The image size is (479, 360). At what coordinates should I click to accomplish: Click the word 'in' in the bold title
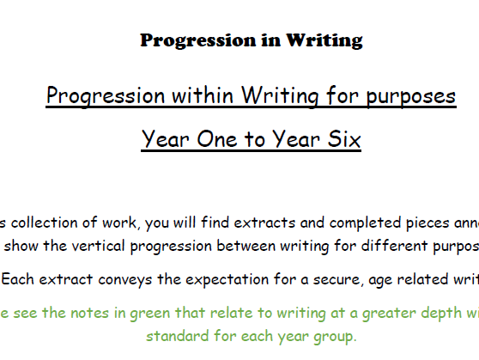point(271,40)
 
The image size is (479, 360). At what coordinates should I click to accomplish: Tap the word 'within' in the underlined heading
point(203,95)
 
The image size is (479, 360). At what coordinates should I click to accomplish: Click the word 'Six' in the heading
point(344,139)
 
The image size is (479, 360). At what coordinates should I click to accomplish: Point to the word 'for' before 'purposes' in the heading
point(342,95)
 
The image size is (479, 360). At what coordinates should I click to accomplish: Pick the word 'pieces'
point(427,223)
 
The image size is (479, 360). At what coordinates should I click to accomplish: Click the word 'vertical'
point(99,246)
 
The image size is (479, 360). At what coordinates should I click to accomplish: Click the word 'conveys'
point(125,280)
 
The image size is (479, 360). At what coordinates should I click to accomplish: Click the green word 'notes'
point(90,313)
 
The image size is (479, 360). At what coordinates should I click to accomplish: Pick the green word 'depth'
point(442,314)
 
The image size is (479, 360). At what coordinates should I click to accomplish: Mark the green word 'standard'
point(177,336)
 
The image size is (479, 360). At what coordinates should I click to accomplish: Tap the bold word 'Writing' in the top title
point(324,40)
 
